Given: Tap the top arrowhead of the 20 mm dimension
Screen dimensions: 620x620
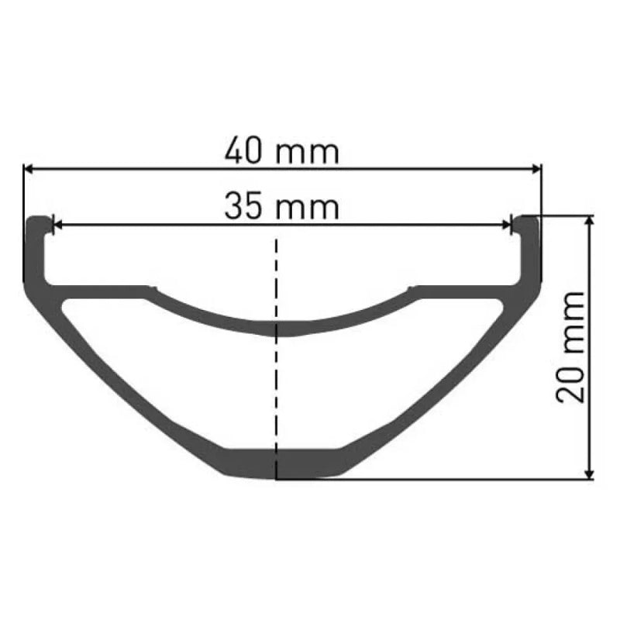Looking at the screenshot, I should tap(591, 222).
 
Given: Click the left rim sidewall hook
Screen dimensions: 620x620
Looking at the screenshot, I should tap(36, 248).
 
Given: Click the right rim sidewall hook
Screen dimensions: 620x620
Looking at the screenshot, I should tap(529, 248).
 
